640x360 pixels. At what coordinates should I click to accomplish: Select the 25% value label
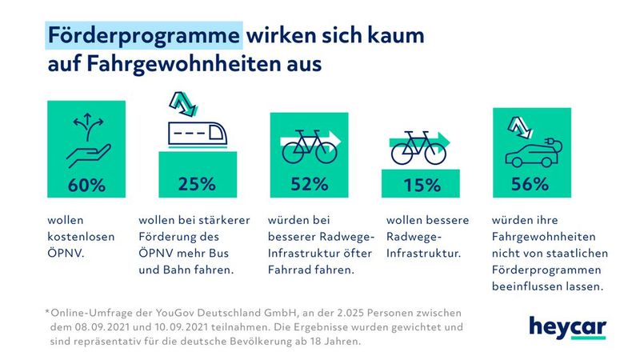tap(196, 183)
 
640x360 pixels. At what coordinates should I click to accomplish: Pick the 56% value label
tap(530, 183)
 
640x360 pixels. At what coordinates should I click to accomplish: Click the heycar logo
tap(567, 326)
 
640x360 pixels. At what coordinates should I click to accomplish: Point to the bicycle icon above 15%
tap(417, 147)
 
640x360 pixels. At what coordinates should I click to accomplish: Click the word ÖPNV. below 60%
tap(66, 253)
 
